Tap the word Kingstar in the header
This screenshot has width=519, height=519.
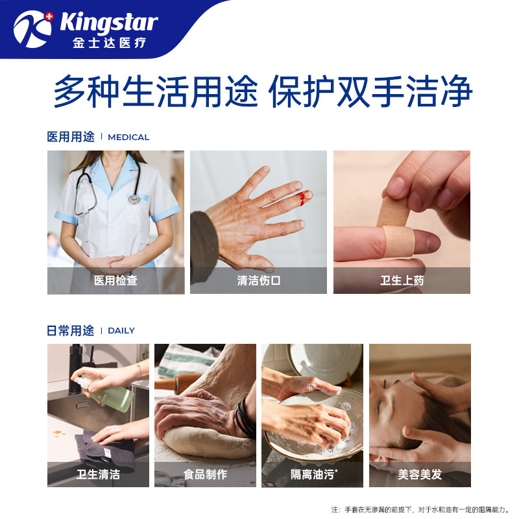tap(109, 23)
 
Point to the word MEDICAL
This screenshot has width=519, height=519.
tap(128, 138)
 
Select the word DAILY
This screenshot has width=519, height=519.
tap(121, 331)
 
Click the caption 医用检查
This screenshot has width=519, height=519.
tap(115, 281)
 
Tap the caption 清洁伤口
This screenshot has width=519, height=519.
tap(258, 281)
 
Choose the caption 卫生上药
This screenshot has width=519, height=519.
tap(402, 281)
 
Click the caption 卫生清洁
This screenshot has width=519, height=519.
tap(98, 474)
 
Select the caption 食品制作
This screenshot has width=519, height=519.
tap(205, 474)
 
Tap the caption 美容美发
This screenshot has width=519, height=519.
tap(420, 474)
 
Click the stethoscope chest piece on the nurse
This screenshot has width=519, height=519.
tap(134, 198)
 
